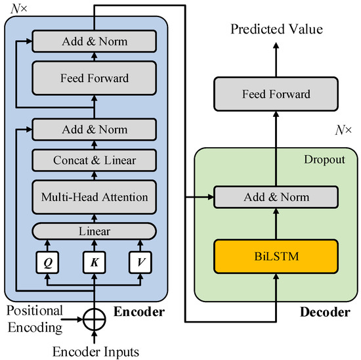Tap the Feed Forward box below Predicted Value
tap(275, 95)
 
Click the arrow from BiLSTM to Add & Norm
tap(275, 223)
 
